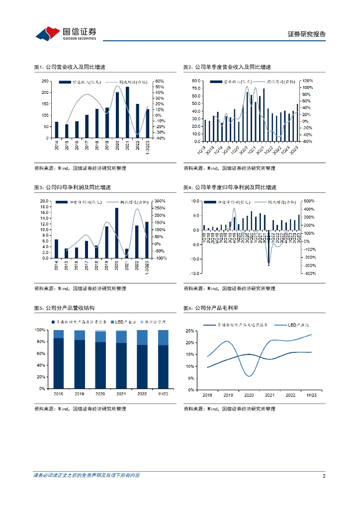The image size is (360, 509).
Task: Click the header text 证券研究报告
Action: pos(307,34)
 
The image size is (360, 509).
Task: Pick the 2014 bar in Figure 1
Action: pos(57,130)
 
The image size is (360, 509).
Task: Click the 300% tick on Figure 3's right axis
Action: pos(160,201)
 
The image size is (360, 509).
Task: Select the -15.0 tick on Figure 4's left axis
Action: pos(194,273)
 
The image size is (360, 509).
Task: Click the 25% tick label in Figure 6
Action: pos(190,331)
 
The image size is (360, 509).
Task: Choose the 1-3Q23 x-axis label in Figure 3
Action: pos(146,266)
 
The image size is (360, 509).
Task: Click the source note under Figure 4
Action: pos(229,288)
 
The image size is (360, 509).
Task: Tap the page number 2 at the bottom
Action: pos(324,476)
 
